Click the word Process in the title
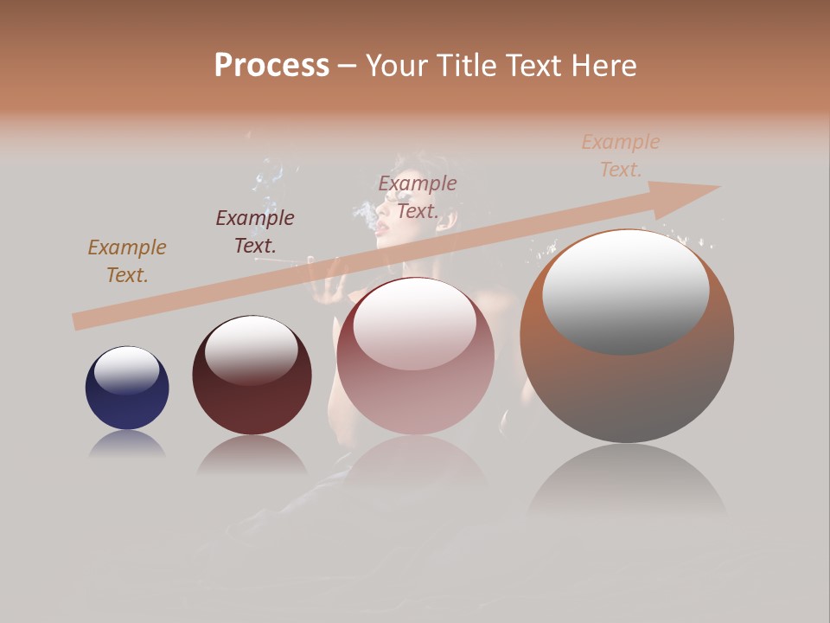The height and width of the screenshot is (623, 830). [x=271, y=66]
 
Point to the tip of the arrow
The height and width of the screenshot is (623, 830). [x=718, y=186]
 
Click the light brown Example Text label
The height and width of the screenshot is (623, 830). [x=127, y=260]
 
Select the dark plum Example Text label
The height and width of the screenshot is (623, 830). [x=255, y=231]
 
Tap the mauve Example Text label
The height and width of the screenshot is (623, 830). [x=418, y=196]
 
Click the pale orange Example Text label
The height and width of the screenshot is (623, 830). [x=621, y=155]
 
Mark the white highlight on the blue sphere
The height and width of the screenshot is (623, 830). [x=127, y=369]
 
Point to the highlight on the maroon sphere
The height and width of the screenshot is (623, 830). [x=251, y=348]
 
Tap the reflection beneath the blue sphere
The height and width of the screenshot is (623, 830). [x=127, y=445]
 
